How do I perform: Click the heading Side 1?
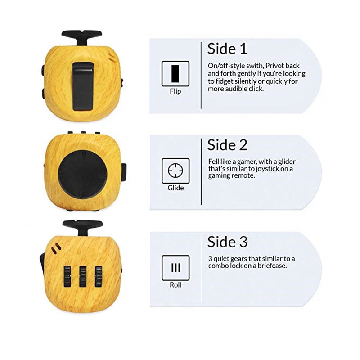[x=227, y=49]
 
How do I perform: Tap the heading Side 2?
[x=227, y=145]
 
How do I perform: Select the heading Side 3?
[x=227, y=242]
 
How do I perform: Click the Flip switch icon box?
[x=175, y=73]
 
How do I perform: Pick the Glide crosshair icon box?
[x=175, y=171]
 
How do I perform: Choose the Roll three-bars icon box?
[x=175, y=268]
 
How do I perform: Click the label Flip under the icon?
[x=175, y=91]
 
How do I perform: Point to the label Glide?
[x=175, y=188]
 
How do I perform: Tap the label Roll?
[x=175, y=285]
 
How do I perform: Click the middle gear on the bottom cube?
[x=83, y=276]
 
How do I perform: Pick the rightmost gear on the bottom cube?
[x=98, y=276]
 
